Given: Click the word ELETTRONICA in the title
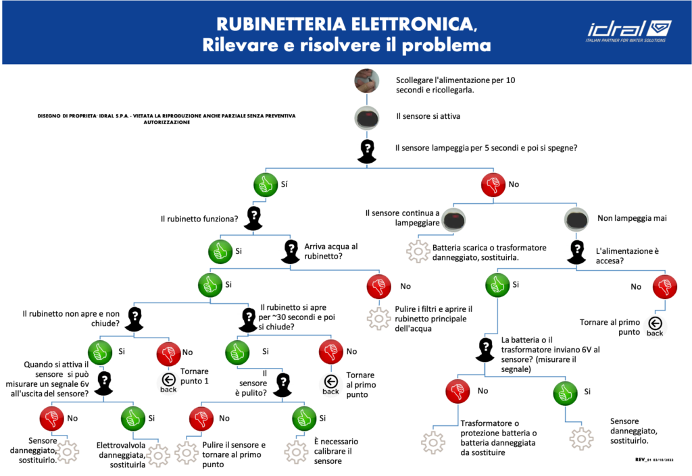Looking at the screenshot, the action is click(x=412, y=24).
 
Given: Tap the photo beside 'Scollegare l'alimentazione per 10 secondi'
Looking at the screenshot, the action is click(x=367, y=80).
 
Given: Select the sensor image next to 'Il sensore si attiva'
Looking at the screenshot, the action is click(x=367, y=117).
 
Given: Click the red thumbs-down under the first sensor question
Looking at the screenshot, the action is click(x=493, y=184).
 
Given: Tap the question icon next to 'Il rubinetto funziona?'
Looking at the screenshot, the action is click(x=253, y=218).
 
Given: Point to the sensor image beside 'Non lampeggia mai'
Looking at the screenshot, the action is click(x=576, y=219).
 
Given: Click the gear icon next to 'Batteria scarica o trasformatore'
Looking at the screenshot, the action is click(x=418, y=252).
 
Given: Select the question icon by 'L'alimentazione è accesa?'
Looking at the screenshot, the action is click(x=576, y=252).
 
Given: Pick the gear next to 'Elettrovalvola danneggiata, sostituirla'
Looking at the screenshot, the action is click(x=158, y=455).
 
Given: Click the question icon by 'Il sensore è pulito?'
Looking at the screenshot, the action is click(x=283, y=385).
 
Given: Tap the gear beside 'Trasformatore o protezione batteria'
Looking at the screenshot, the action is click(x=433, y=442).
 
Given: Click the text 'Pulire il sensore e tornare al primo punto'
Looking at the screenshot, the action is click(x=233, y=454).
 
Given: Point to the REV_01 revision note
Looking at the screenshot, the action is click(x=654, y=460).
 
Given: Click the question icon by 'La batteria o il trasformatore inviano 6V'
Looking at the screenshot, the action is click(x=485, y=350).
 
